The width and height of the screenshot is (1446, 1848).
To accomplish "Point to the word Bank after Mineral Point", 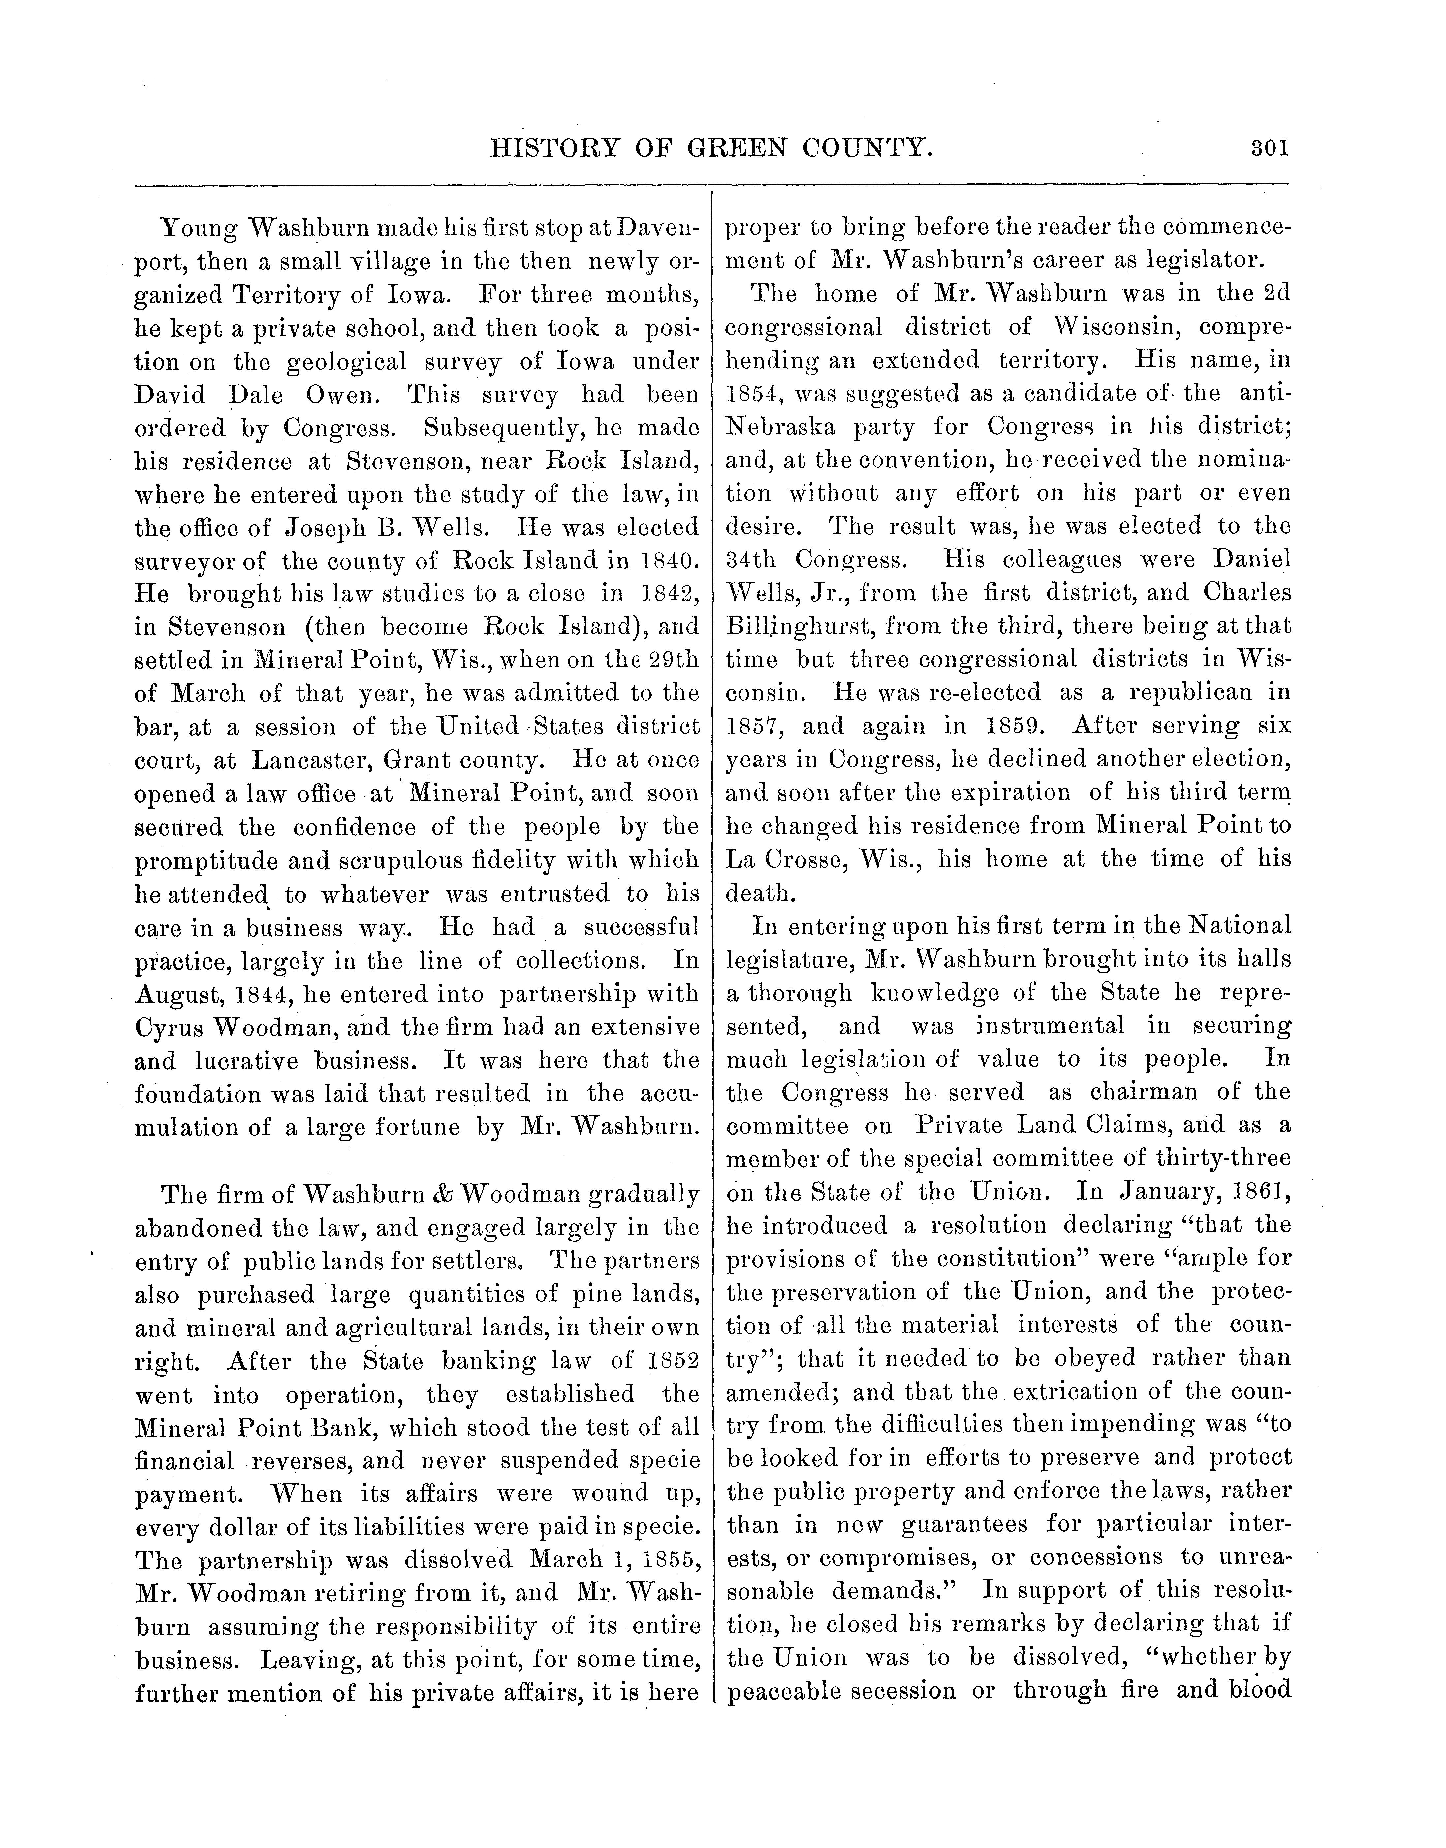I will click(x=325, y=1428).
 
